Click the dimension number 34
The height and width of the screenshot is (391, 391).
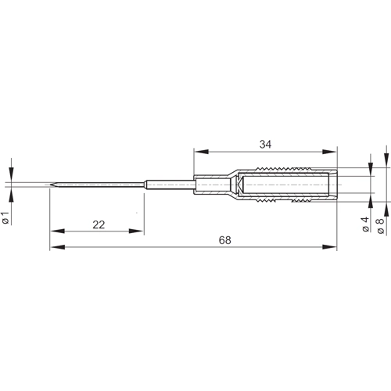coord(265,143)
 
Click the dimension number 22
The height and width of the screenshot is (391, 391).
coord(98,224)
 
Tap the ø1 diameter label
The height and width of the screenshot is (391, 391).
coord(6,219)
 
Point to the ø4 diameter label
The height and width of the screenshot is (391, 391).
coord(365,226)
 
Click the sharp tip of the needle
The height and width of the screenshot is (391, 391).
coord(49,185)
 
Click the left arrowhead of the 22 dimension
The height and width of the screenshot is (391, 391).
coord(55,231)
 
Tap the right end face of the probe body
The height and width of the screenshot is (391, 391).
coord(335,185)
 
